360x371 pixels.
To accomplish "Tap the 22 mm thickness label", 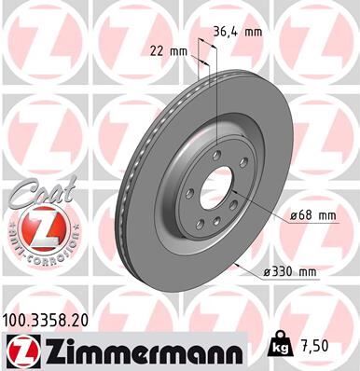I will tap(171, 51).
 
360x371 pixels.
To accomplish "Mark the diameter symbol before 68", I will tap(293, 215).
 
